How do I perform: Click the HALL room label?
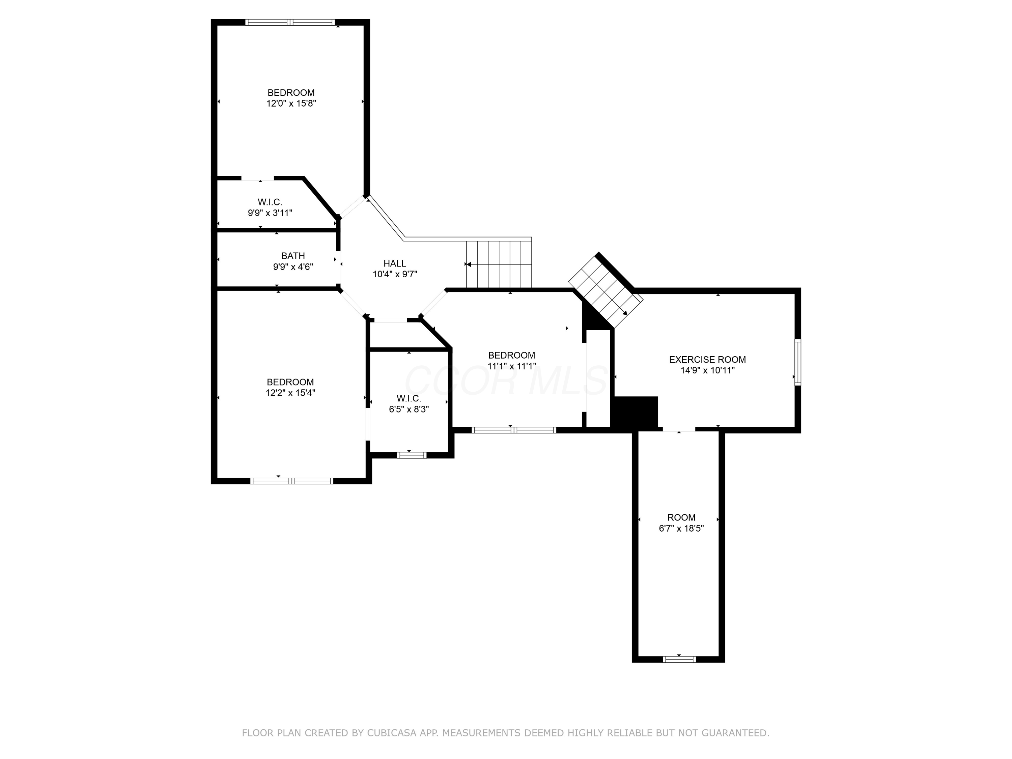click(394, 263)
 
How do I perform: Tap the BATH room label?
click(293, 256)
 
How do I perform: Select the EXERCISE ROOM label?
click(707, 360)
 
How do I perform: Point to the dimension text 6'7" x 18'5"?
click(681, 528)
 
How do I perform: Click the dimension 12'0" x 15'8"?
click(291, 104)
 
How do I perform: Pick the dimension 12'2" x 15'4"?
click(290, 393)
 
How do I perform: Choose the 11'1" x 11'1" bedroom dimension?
click(511, 366)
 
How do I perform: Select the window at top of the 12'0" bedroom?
click(290, 22)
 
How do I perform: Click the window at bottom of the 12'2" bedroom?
click(291, 481)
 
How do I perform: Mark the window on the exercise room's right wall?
click(797, 362)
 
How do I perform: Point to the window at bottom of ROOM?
click(679, 659)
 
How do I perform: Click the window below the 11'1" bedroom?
click(514, 430)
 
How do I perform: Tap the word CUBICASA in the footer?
click(392, 733)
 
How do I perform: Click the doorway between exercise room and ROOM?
click(679, 429)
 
